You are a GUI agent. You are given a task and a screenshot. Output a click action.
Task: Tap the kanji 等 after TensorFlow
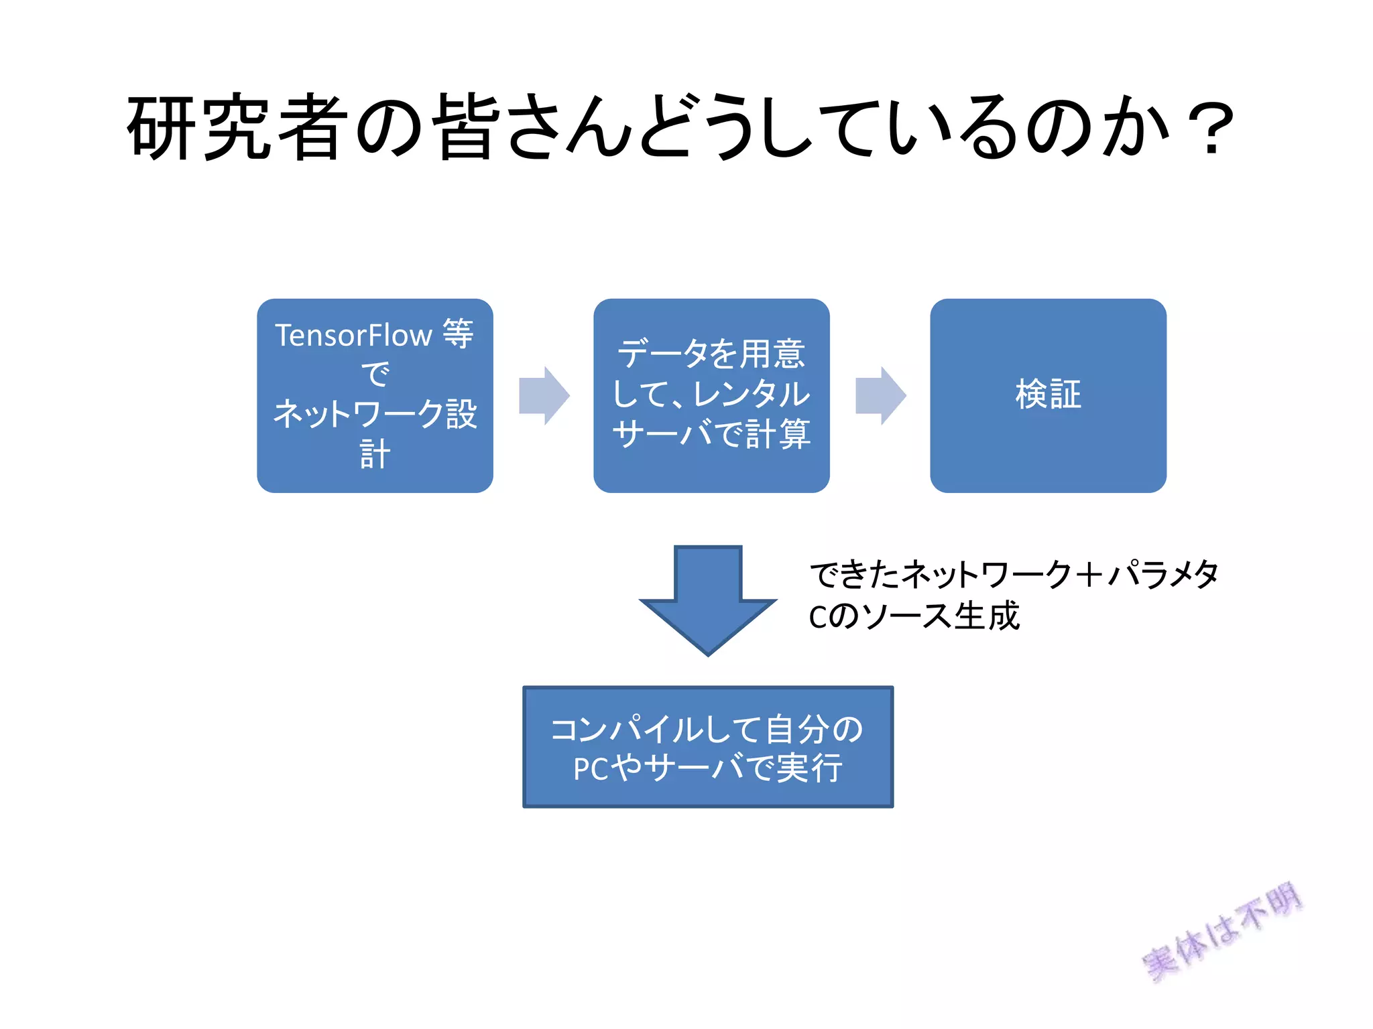coord(458,334)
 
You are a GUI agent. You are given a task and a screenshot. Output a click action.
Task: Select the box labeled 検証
coord(1048,395)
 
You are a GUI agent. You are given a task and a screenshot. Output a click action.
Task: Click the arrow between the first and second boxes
coord(544,395)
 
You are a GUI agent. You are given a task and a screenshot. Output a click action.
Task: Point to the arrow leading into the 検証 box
coord(880,395)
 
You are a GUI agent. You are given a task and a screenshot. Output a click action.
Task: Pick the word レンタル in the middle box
coord(752,394)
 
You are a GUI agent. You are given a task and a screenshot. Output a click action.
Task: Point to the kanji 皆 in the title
coord(467,127)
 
